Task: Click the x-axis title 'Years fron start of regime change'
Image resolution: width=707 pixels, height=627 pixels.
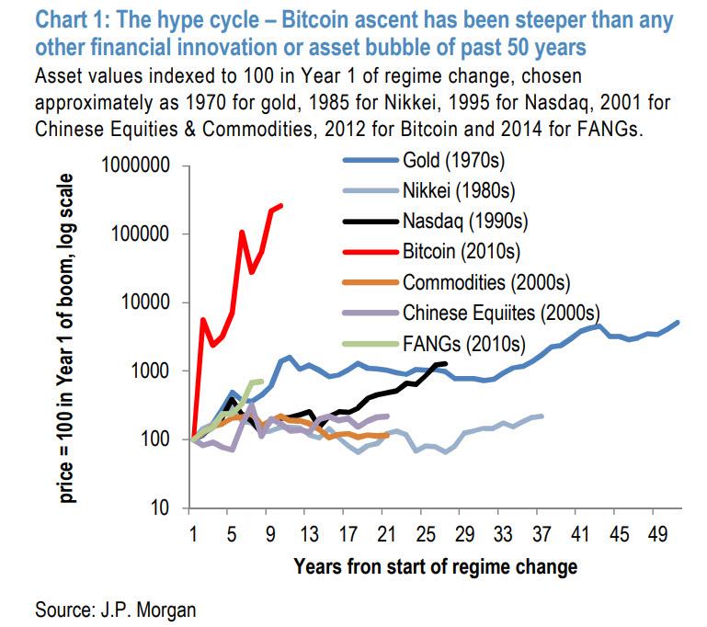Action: (436, 565)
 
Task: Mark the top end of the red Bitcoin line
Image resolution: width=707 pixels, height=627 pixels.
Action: (280, 206)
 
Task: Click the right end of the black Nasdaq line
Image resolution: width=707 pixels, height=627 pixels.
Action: (445, 364)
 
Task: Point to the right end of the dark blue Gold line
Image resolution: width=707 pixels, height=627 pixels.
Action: (678, 322)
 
